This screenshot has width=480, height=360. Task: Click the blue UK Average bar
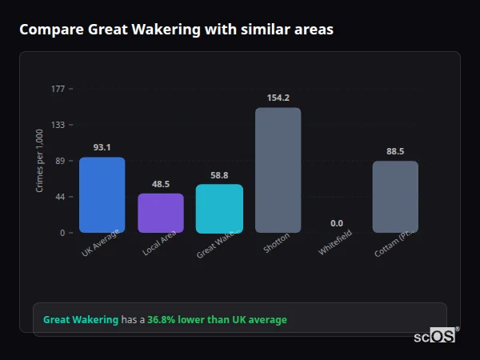[x=102, y=195]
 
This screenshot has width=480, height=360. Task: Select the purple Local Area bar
[x=160, y=214]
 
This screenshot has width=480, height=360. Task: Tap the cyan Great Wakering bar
[x=219, y=209]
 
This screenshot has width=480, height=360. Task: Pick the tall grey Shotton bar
[x=278, y=170]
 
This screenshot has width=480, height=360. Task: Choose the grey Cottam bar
[x=395, y=197]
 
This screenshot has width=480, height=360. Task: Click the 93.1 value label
[x=102, y=147]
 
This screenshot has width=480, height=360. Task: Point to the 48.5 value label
[x=160, y=184]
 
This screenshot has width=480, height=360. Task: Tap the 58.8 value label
[x=219, y=175]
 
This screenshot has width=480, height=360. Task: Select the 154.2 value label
[x=278, y=98]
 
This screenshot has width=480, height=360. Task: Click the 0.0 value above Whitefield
[x=336, y=223]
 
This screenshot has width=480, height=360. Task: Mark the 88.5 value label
[x=395, y=151]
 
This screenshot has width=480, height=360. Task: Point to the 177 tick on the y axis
[x=58, y=89]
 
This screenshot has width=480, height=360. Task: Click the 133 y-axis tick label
[x=58, y=125]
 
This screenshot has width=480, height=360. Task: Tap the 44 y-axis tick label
[x=60, y=197]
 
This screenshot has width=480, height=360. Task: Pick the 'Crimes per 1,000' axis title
[x=40, y=161]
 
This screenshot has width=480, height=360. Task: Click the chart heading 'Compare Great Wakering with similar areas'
[x=176, y=30]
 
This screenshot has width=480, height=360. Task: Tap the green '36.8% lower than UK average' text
[x=217, y=320]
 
